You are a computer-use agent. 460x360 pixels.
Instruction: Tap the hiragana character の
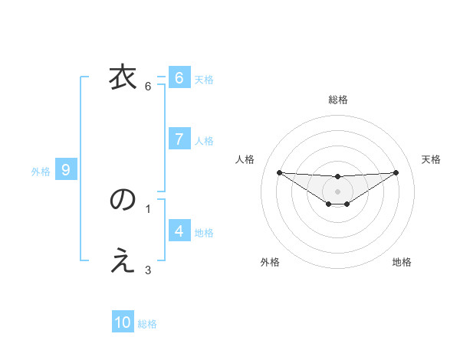[123, 201]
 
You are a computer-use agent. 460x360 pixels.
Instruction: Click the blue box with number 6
[179, 77]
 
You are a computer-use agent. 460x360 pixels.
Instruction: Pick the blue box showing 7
[179, 139]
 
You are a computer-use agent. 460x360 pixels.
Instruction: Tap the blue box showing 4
[179, 231]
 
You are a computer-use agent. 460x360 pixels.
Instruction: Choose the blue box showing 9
[66, 170]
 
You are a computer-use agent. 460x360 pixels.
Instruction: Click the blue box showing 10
[123, 322]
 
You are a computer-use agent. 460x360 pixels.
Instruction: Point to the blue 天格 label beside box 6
[204, 79]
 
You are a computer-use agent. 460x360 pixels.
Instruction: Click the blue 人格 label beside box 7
[204, 141]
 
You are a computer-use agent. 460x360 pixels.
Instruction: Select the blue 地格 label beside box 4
[204, 233]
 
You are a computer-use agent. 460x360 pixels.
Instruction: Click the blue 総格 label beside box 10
[147, 325]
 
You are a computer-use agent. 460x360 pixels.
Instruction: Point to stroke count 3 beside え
[148, 269]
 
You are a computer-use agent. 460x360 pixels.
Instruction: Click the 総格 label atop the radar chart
[338, 100]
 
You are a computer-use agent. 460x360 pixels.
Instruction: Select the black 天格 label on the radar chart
[432, 159]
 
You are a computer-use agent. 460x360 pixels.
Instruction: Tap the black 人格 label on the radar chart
[245, 159]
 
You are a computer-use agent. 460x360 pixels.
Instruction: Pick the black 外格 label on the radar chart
[270, 262]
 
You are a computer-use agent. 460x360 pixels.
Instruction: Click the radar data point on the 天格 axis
[396, 172]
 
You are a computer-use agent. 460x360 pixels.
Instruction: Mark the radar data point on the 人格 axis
[279, 172]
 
